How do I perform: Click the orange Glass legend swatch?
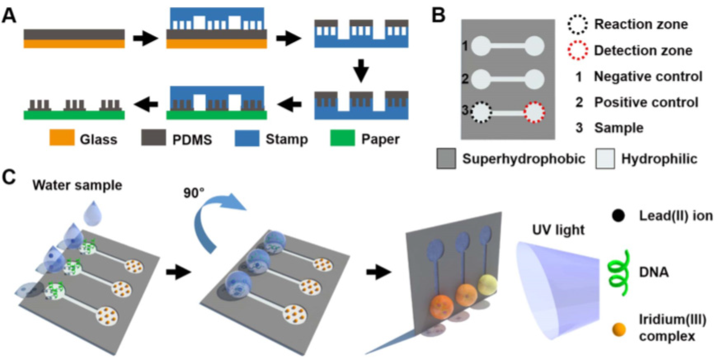coord(62,137)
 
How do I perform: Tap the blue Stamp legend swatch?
coord(247,138)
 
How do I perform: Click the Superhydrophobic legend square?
coord(446,158)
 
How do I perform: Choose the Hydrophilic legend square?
coord(605,158)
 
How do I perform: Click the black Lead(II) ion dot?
coord(618,216)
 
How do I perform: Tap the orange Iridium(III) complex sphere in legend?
coord(619,330)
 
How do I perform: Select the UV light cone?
coord(557,290)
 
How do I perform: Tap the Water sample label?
coord(77,185)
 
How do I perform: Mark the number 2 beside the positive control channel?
coord(465,79)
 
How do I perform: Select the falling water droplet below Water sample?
coord(93,211)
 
